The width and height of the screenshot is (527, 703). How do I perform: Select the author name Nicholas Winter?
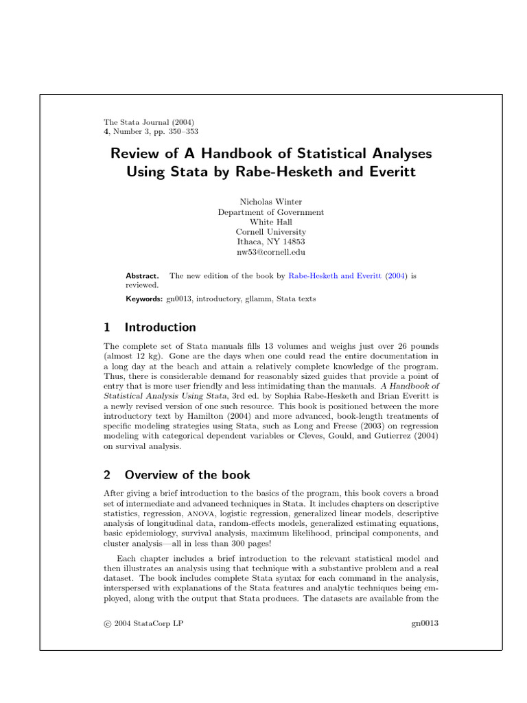(x=270, y=202)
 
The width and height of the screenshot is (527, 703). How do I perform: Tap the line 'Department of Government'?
(x=270, y=212)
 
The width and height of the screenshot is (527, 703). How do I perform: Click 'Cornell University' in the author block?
(x=270, y=232)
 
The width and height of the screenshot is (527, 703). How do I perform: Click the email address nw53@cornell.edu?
(x=270, y=252)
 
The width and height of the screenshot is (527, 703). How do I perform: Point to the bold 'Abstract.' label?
(x=142, y=275)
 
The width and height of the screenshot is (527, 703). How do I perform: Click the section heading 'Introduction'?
(x=160, y=327)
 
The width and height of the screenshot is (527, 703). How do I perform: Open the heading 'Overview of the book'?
(x=187, y=475)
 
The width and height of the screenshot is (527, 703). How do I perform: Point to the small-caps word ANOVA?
(x=200, y=514)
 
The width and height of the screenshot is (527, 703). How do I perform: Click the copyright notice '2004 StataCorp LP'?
(x=148, y=623)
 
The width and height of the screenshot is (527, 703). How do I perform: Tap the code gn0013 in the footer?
(x=424, y=623)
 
